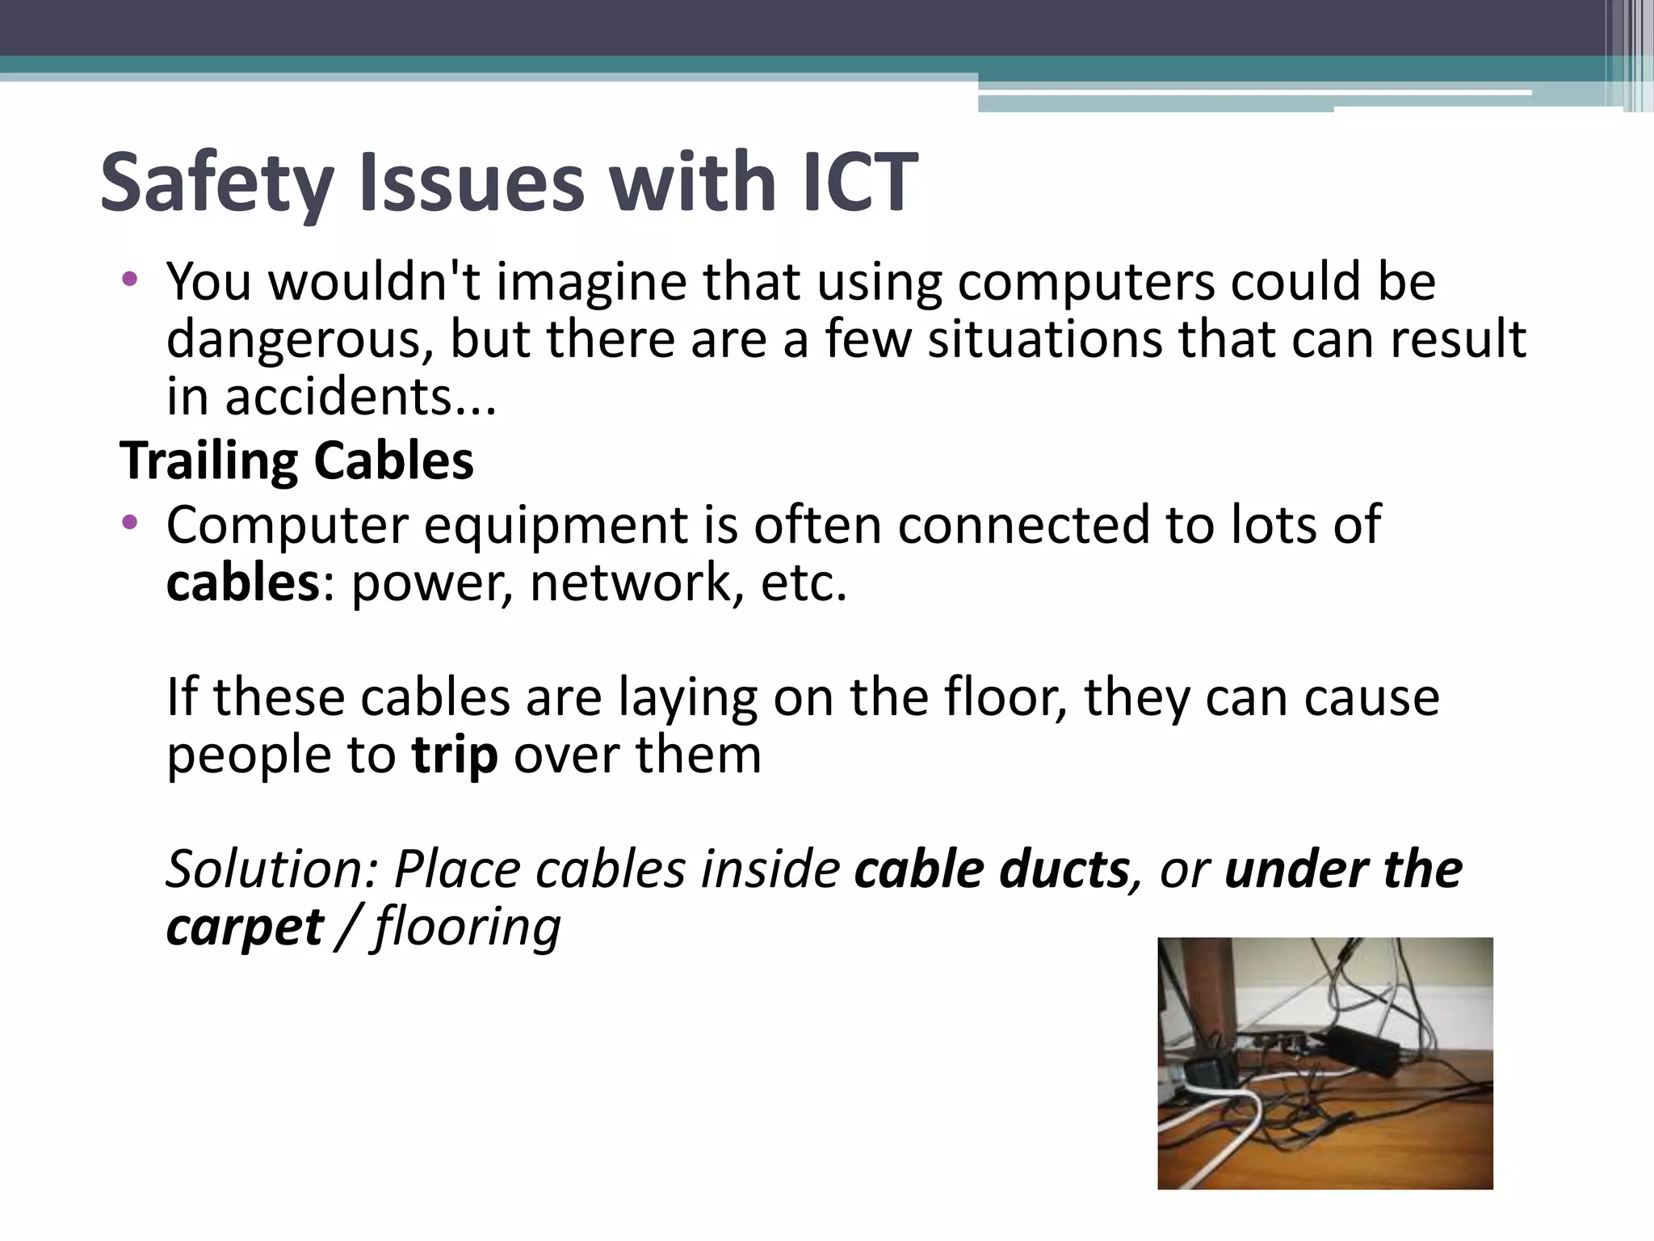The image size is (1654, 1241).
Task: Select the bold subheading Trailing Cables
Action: click(x=296, y=461)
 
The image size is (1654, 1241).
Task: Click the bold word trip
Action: click(x=454, y=755)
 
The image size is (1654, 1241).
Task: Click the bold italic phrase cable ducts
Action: click(x=992, y=869)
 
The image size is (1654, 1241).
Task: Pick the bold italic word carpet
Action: click(x=245, y=927)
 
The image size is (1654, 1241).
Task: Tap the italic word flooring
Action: click(x=468, y=927)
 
